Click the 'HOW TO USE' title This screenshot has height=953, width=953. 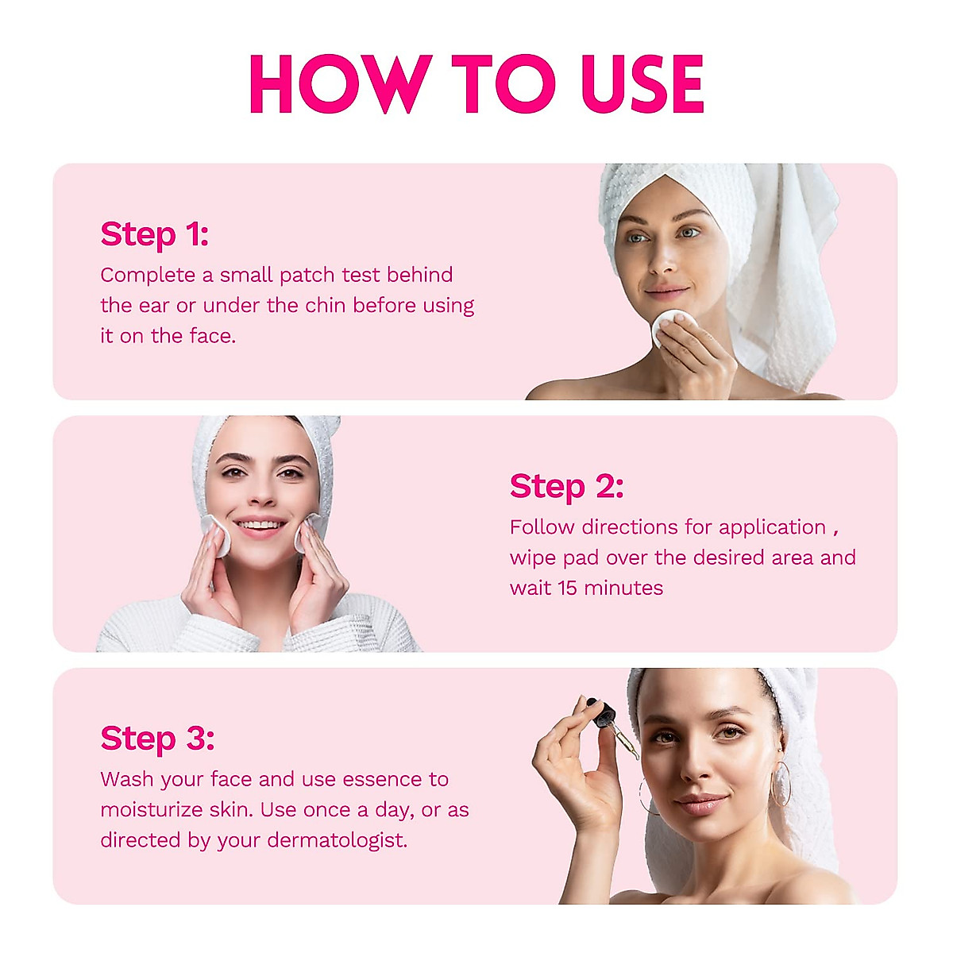pos(476,83)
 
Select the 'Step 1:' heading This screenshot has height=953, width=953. pos(154,234)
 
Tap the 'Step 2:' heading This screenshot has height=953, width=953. pos(566,486)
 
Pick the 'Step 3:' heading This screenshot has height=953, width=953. pos(157,738)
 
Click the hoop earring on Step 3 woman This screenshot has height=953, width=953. pos(781,785)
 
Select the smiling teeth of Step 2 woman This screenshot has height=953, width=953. pos(260,526)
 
